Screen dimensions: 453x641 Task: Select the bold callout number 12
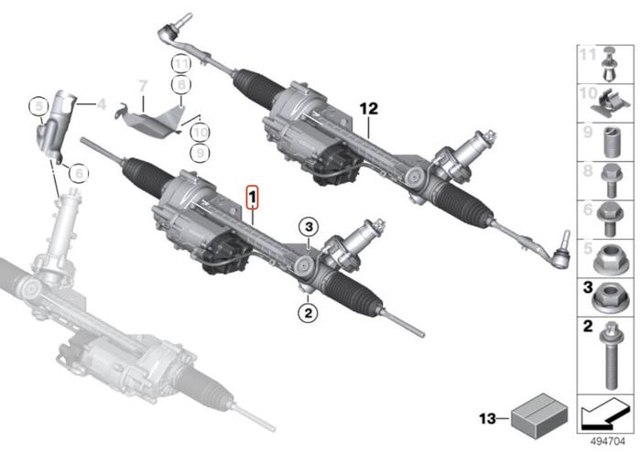368,108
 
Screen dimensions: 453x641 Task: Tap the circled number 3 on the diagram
310,226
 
